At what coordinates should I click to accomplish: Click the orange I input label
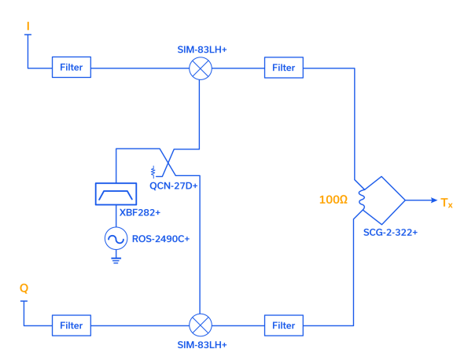click(x=28, y=27)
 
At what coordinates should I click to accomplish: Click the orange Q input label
click(x=24, y=288)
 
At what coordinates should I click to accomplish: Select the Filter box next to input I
click(x=72, y=68)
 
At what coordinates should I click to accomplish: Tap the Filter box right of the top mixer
click(x=283, y=68)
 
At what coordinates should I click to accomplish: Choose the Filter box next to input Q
click(x=72, y=325)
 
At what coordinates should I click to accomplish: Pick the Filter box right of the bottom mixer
click(x=283, y=325)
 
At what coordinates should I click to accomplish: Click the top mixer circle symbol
click(x=201, y=68)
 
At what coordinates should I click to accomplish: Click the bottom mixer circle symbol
click(x=201, y=325)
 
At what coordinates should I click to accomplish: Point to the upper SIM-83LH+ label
click(x=202, y=50)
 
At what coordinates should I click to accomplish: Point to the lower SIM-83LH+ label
click(x=202, y=345)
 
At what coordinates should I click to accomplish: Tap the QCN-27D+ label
click(x=174, y=186)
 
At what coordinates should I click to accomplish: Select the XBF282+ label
click(x=139, y=212)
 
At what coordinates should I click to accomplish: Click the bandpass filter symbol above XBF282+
click(x=116, y=193)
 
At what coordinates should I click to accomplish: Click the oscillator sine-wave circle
click(x=116, y=238)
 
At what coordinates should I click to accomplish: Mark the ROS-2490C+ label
click(x=160, y=238)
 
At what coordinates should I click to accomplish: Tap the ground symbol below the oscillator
click(x=116, y=258)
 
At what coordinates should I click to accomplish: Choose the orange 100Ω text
click(x=333, y=200)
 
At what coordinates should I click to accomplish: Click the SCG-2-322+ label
click(x=390, y=233)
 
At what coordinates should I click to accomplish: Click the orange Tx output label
click(x=446, y=203)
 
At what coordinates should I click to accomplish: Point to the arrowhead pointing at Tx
click(x=433, y=200)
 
